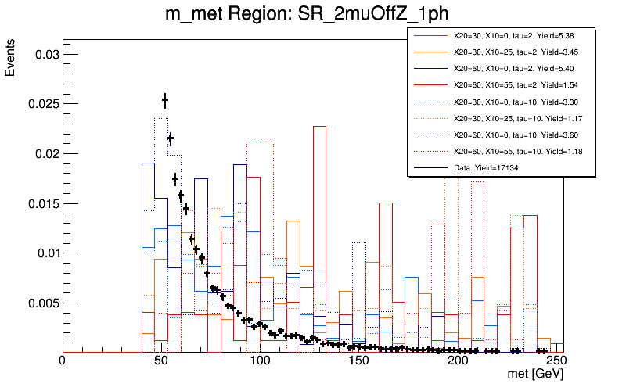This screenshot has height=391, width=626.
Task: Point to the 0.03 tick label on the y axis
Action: click(x=41, y=54)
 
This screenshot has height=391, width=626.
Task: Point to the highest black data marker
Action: click(x=165, y=99)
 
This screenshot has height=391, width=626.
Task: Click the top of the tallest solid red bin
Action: click(x=319, y=127)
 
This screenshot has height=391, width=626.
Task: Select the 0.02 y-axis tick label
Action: click(x=41, y=154)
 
